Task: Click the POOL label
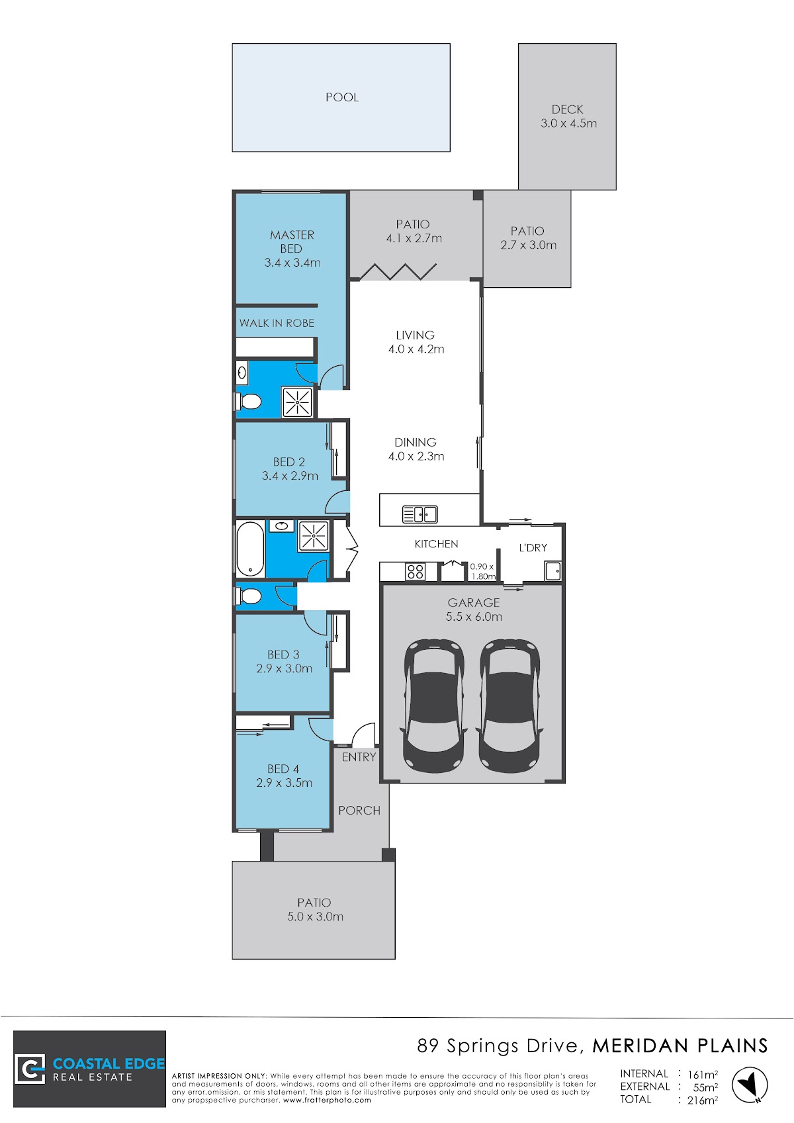click(x=342, y=97)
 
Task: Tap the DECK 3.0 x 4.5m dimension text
click(x=568, y=123)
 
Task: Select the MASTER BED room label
click(x=292, y=242)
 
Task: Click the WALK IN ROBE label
click(x=277, y=323)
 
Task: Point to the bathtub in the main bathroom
click(x=250, y=549)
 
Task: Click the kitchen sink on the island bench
click(x=419, y=514)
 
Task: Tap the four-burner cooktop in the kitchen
click(x=415, y=572)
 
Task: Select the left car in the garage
click(x=434, y=705)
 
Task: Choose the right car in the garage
click(x=509, y=705)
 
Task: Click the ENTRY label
click(x=359, y=757)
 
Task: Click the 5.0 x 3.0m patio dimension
click(x=316, y=917)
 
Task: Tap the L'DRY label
click(x=533, y=547)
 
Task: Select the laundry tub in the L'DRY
click(x=553, y=571)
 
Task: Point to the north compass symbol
click(x=750, y=1085)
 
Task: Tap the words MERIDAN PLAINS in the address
click(x=680, y=1046)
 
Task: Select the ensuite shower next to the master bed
click(x=297, y=402)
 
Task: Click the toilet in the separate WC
click(x=249, y=596)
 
